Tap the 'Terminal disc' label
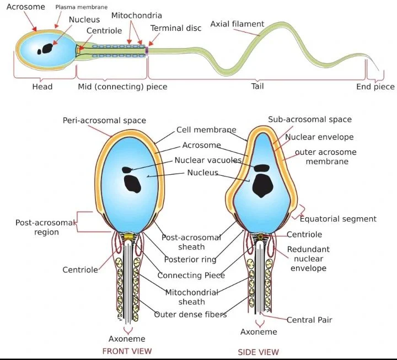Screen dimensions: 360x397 click(x=176, y=28)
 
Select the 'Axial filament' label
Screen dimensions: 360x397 click(x=237, y=24)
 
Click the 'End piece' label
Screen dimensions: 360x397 click(x=375, y=87)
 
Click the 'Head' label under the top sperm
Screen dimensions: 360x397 click(x=42, y=87)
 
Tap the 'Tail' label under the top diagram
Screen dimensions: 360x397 click(x=257, y=87)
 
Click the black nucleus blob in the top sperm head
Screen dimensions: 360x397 click(x=44, y=50)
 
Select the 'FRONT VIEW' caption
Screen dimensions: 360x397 click(x=127, y=351)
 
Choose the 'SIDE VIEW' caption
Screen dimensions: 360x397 click(x=258, y=352)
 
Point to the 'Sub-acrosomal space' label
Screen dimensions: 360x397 click(x=310, y=119)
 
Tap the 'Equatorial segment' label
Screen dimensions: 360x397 click(x=338, y=219)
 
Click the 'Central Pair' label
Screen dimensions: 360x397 click(x=309, y=320)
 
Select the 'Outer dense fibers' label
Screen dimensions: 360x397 click(x=190, y=315)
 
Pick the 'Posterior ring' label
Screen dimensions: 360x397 click(x=190, y=260)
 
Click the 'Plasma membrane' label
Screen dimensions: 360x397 click(x=82, y=7)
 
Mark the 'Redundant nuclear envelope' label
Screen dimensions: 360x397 click(x=307, y=259)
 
